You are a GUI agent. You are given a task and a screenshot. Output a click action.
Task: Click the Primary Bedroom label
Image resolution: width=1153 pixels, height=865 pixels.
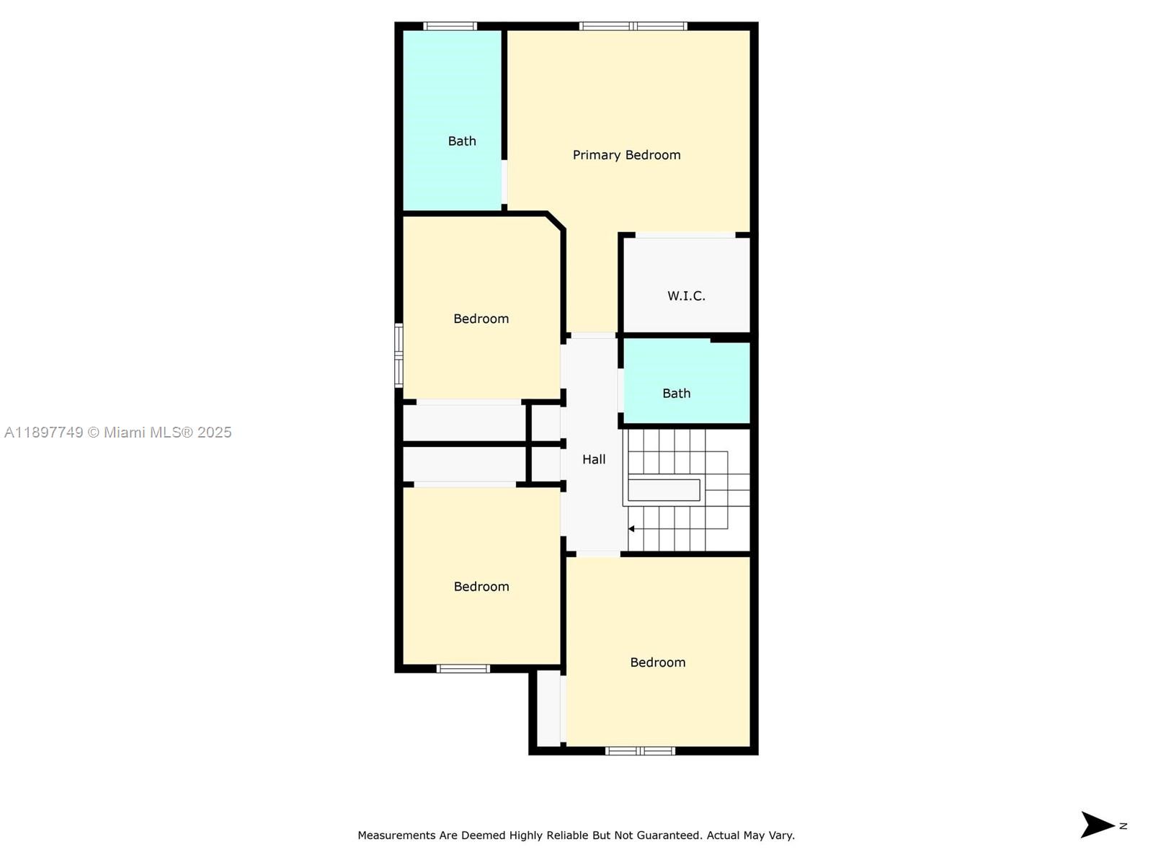626,155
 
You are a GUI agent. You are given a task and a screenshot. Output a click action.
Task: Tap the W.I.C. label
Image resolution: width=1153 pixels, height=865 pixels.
686,296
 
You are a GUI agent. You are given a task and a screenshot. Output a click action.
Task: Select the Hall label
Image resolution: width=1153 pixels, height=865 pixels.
594,459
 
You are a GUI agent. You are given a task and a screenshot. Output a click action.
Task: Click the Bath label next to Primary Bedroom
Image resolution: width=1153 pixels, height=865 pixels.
462,141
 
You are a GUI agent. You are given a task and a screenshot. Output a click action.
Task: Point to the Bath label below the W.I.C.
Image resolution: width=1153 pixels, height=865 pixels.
676,393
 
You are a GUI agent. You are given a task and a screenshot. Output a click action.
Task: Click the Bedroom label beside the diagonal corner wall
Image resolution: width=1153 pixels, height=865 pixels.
481,319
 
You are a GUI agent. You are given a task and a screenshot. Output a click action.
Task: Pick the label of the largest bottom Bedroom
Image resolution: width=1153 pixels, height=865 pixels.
657,662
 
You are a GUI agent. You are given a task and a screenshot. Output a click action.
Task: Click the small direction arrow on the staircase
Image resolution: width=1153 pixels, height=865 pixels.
631,529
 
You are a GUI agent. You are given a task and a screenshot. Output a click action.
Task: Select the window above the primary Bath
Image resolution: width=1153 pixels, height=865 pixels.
450,27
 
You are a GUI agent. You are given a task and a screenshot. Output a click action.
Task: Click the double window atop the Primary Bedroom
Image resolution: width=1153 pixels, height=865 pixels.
633,27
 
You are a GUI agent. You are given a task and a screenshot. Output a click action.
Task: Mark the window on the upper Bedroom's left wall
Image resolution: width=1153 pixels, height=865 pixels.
399,355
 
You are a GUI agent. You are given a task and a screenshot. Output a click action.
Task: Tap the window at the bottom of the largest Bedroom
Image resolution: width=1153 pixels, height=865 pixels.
640,751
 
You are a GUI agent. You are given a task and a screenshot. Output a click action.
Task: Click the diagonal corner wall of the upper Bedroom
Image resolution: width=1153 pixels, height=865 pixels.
556,221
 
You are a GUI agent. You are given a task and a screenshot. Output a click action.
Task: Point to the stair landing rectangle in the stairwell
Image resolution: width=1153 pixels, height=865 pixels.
664,490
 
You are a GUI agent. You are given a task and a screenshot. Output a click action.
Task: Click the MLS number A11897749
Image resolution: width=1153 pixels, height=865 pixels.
44,432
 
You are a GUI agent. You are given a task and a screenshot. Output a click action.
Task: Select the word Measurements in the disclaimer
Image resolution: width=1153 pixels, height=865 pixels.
396,835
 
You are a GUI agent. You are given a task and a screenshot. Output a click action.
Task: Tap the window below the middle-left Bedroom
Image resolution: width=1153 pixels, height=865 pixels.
463,669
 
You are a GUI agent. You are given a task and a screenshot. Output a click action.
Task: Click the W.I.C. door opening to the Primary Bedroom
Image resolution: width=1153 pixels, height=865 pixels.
685,235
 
